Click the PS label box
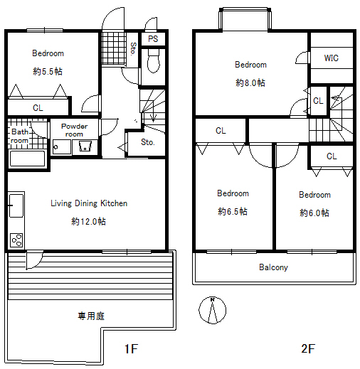(x=153, y=38)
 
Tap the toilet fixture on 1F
(x=154, y=60)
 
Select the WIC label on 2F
(x=332, y=58)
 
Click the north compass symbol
(x=213, y=310)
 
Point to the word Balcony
(x=273, y=267)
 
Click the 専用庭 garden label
(x=91, y=316)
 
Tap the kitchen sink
(x=16, y=205)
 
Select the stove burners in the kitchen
(x=16, y=240)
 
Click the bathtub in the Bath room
(x=27, y=159)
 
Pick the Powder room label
(x=74, y=130)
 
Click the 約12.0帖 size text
(x=88, y=221)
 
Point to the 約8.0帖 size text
(x=250, y=82)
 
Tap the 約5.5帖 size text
(x=48, y=71)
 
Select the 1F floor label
(x=131, y=348)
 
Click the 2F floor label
(x=308, y=348)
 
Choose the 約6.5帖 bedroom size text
(x=233, y=211)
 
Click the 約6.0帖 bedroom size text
(x=314, y=213)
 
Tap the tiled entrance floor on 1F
(x=114, y=48)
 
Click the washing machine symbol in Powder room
(x=85, y=147)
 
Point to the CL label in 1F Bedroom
(x=38, y=108)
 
